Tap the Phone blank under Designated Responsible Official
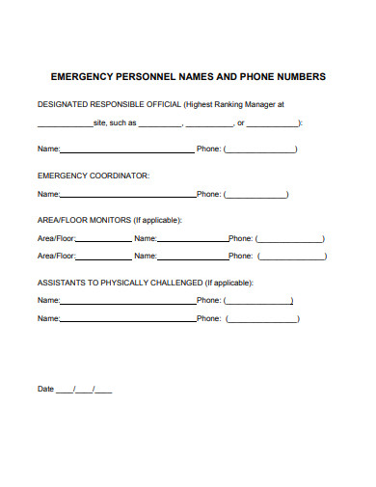pos(260,151)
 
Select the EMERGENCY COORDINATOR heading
pos(94,176)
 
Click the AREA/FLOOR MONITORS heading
pos(83,220)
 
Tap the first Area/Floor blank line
pos(103,240)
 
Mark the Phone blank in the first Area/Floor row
pos(290,240)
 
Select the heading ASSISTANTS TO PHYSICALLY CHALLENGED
pos(119,283)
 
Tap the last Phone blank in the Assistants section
pos(260,319)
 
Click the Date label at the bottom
pos(45,389)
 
